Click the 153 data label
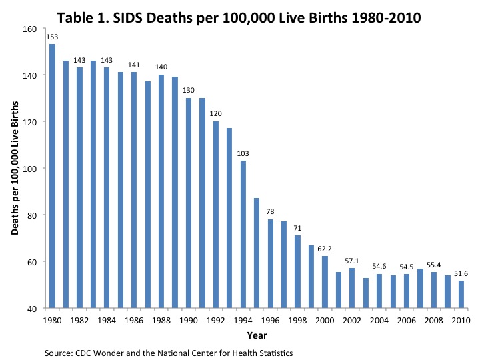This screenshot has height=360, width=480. point(52,37)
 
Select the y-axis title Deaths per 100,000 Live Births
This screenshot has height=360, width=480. point(15,169)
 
